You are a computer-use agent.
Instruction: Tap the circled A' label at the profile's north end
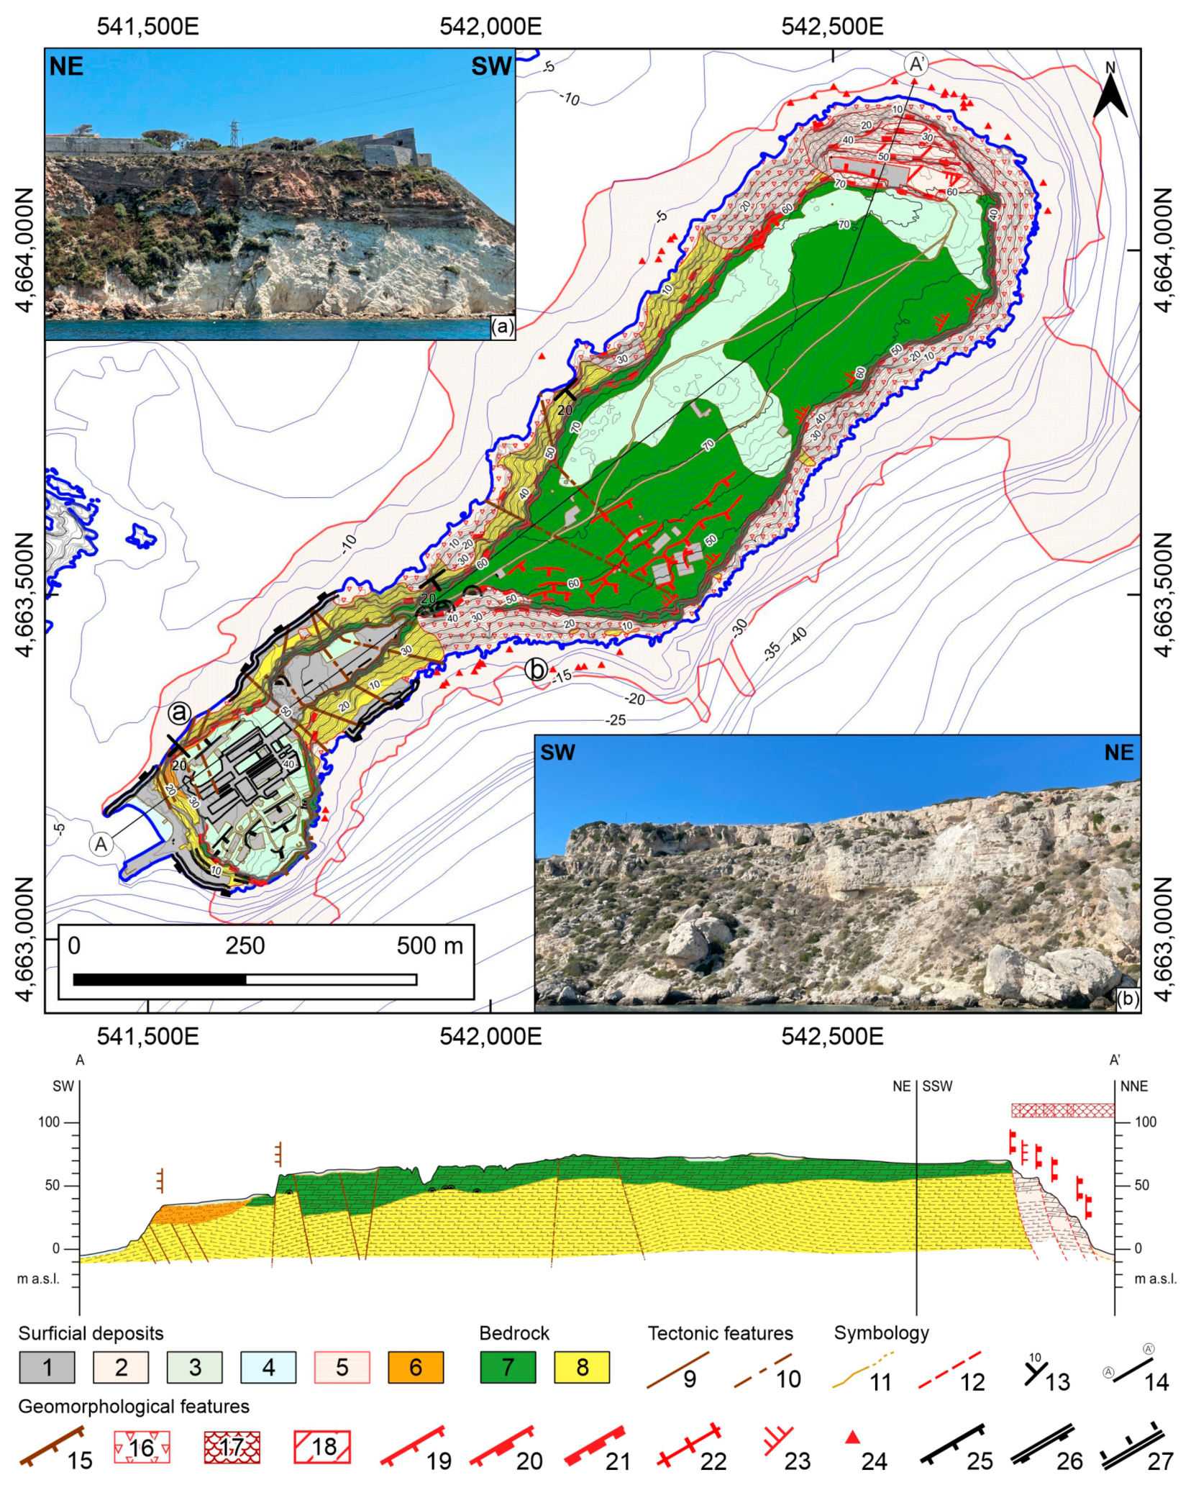coord(916,64)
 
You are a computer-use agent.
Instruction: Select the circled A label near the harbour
coord(101,843)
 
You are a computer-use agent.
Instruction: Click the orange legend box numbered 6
coord(415,1367)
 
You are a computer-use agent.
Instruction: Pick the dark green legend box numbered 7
coord(508,1367)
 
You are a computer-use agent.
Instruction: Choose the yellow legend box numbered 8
coord(582,1367)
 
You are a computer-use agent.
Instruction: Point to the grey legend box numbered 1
coord(47,1367)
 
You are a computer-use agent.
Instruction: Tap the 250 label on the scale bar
coord(245,945)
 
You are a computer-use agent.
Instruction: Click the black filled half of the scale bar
coord(160,979)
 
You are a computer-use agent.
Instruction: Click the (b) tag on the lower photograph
coord(1128,999)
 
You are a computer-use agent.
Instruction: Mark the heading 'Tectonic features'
coord(720,1333)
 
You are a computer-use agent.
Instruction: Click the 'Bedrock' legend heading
coord(514,1333)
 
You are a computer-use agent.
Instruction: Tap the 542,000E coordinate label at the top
coord(490,27)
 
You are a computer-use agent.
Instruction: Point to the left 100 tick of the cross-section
coord(49,1122)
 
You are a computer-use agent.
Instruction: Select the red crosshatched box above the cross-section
coord(1062,1110)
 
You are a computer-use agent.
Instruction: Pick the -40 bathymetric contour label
coord(798,636)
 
